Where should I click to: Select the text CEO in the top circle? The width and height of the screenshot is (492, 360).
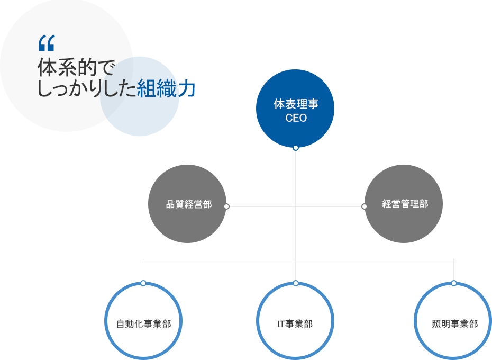296,119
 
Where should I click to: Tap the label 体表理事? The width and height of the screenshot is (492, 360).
296,104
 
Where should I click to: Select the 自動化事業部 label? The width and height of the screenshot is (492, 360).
143,324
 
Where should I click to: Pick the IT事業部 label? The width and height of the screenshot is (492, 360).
295,324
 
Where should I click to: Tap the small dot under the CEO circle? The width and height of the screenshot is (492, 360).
296,148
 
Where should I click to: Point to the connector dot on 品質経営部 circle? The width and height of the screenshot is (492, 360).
226,206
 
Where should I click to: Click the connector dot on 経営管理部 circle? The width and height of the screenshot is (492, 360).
364,206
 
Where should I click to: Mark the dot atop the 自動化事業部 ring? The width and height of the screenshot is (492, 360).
143,283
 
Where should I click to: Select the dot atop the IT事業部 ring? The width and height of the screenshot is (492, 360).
296,283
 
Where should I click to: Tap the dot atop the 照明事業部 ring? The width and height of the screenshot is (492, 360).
454,283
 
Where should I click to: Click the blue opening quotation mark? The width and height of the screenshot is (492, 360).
47,41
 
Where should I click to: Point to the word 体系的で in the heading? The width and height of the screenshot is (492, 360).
76,68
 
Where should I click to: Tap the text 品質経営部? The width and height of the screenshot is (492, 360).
189,204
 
